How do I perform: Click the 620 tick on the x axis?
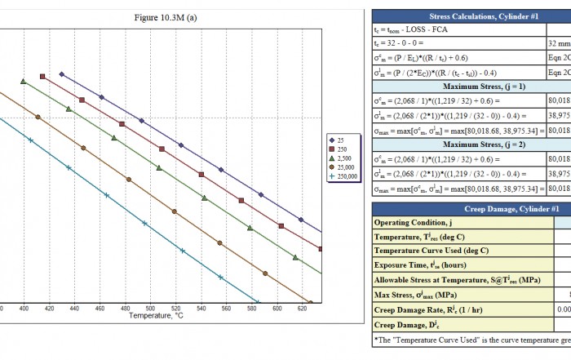(x=302, y=308)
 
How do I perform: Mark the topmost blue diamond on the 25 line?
(x=62, y=73)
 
